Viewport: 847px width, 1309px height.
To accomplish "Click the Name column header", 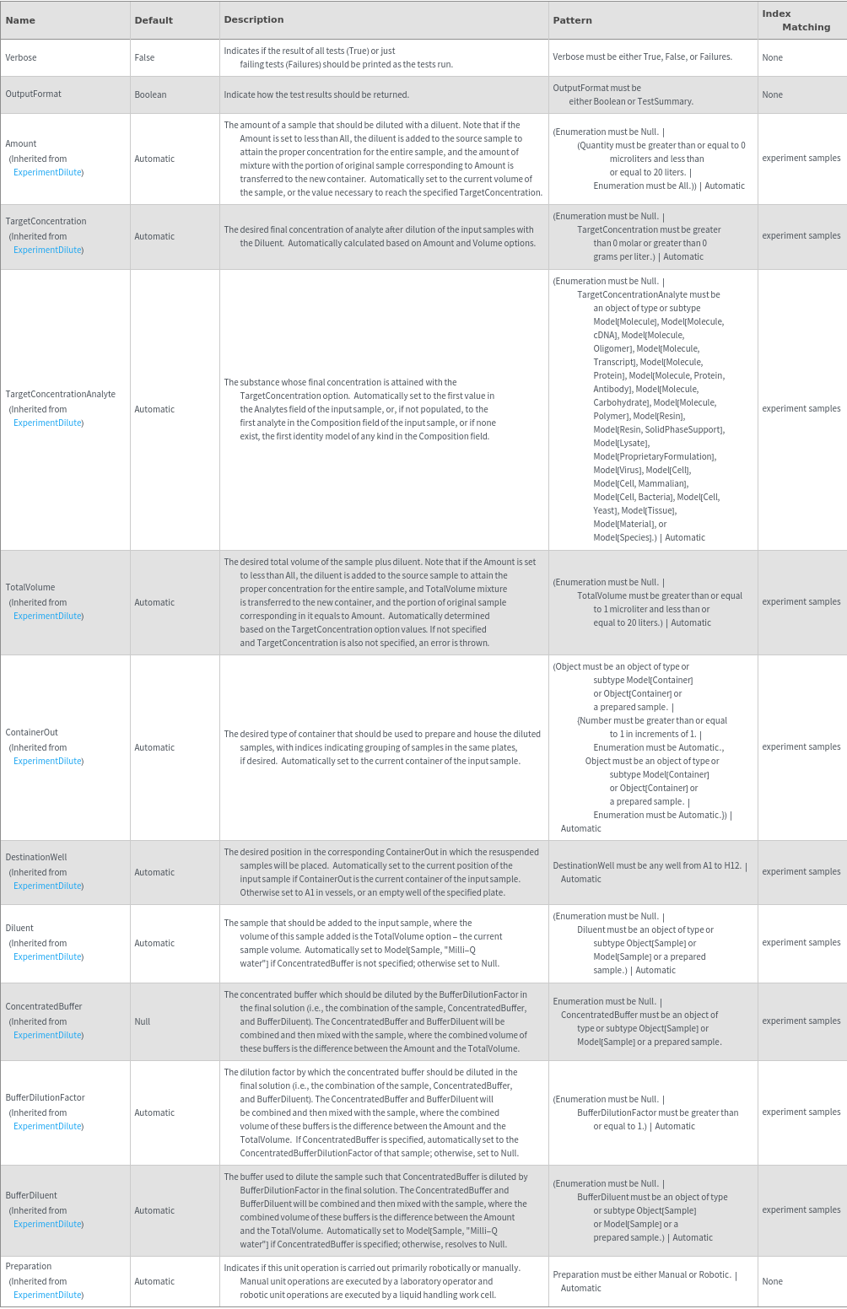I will (19, 20).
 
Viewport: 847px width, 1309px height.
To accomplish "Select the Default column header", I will (154, 20).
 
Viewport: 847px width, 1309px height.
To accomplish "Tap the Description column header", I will (253, 19).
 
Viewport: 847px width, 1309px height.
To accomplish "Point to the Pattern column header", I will (572, 20).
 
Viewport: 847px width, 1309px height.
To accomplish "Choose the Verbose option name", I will (21, 57).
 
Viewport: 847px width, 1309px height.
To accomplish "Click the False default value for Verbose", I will (144, 57).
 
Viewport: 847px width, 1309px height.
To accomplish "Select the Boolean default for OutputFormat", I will (150, 94).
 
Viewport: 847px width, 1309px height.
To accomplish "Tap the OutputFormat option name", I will (33, 94).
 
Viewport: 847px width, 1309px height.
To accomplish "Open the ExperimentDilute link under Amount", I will (48, 172).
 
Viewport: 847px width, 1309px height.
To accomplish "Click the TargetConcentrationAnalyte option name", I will (60, 394).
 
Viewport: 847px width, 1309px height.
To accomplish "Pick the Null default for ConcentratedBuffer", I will (142, 1021).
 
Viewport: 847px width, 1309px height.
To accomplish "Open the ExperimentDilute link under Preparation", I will (48, 1295).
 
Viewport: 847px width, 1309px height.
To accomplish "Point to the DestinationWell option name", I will (35, 857).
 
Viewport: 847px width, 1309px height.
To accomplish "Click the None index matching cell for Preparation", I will (772, 1281).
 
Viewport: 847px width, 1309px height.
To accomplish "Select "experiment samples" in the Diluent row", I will (801, 942).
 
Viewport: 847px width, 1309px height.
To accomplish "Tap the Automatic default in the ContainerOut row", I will (154, 747).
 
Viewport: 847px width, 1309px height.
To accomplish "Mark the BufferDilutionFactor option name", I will (45, 1097).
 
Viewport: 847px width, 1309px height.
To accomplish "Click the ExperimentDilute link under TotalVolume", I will (48, 616).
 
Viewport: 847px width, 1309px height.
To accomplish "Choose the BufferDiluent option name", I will (31, 1195).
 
